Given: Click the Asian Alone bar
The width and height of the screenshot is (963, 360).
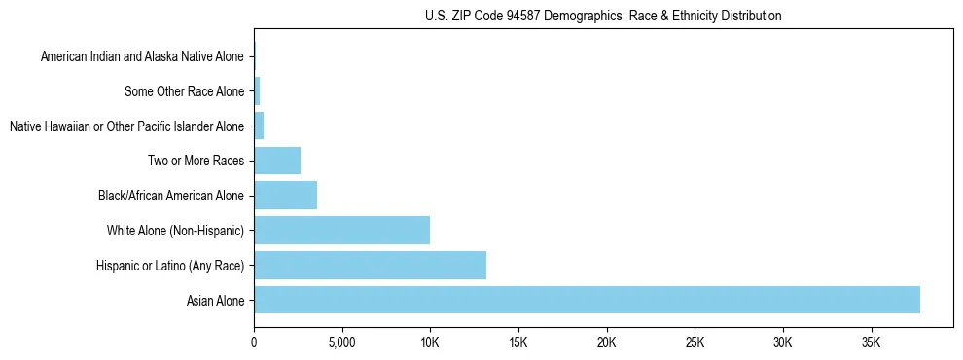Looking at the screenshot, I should (x=587, y=300).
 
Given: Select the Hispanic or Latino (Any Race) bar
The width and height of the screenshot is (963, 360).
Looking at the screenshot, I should (x=370, y=265).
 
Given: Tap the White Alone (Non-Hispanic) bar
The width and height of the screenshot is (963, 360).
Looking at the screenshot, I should (x=341, y=230).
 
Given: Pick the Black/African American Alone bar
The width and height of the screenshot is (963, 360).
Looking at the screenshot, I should (x=285, y=195).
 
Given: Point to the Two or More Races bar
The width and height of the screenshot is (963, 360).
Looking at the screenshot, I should (x=277, y=160).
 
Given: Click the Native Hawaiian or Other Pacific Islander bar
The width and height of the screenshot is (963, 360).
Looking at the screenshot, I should (x=259, y=126).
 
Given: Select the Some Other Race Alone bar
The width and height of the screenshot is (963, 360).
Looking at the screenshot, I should (x=257, y=90).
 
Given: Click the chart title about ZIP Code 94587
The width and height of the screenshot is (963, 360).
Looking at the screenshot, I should (x=603, y=16).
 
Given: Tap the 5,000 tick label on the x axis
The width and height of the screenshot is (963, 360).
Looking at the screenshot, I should (x=341, y=342).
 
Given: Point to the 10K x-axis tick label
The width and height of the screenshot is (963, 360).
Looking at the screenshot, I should (x=430, y=342).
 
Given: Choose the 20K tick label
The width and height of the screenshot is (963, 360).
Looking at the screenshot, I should (x=606, y=342).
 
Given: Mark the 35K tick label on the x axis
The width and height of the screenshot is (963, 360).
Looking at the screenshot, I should (x=871, y=342).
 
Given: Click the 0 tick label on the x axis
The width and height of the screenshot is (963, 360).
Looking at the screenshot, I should (x=254, y=342).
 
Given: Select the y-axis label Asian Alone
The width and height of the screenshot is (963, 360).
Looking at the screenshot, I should (x=215, y=301).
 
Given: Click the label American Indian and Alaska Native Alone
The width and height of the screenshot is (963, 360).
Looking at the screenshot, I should (x=142, y=56).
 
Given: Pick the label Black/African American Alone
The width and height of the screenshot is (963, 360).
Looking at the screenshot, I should (x=171, y=196).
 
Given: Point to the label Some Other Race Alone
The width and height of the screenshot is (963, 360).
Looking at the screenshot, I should (x=184, y=91).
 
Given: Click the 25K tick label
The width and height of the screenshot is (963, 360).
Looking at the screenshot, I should (x=695, y=342).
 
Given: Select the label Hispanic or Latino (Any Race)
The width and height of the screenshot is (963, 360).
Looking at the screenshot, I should (x=170, y=266).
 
